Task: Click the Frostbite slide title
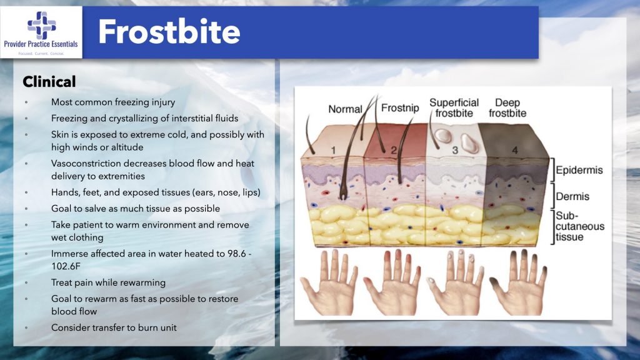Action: click(x=169, y=31)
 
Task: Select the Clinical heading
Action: click(x=49, y=82)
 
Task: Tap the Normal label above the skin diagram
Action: click(x=345, y=109)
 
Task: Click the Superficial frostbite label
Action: click(x=454, y=107)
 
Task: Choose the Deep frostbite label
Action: click(x=507, y=107)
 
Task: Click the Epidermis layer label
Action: click(x=581, y=170)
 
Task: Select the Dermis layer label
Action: click(x=572, y=196)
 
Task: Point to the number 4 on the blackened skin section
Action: click(x=515, y=151)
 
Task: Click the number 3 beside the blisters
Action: click(x=455, y=151)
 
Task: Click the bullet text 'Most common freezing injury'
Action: click(x=112, y=102)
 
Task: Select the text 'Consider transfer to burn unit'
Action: click(x=114, y=327)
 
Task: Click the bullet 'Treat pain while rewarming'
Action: click(x=108, y=282)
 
